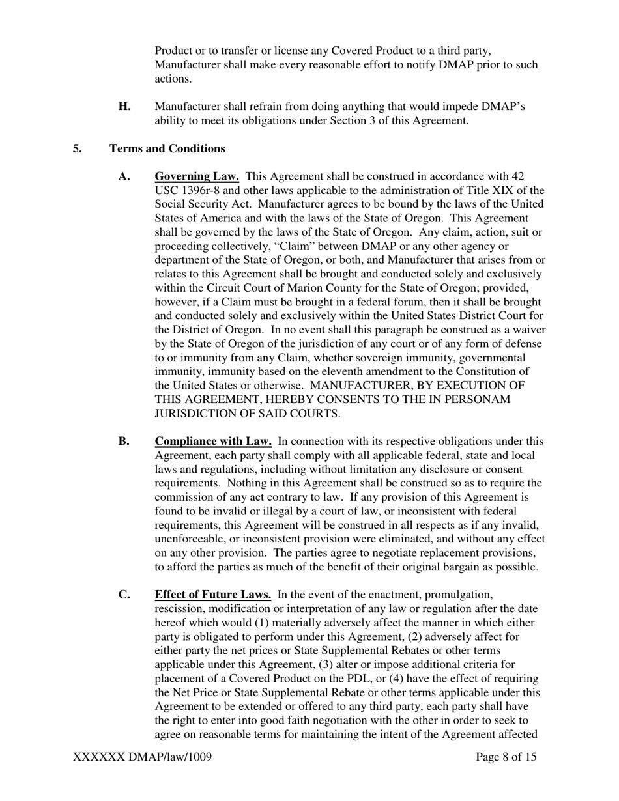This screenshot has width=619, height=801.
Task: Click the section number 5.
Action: point(78,148)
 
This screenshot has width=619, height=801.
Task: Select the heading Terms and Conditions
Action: point(167,148)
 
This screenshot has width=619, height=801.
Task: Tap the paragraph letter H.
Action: point(124,107)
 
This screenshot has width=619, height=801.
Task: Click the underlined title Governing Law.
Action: point(197,176)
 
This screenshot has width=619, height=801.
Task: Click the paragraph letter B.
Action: point(124,442)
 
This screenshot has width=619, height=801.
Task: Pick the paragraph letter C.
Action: point(124,595)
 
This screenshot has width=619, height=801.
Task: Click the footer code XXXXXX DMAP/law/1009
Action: point(143,757)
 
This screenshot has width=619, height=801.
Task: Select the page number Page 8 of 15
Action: point(507,757)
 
